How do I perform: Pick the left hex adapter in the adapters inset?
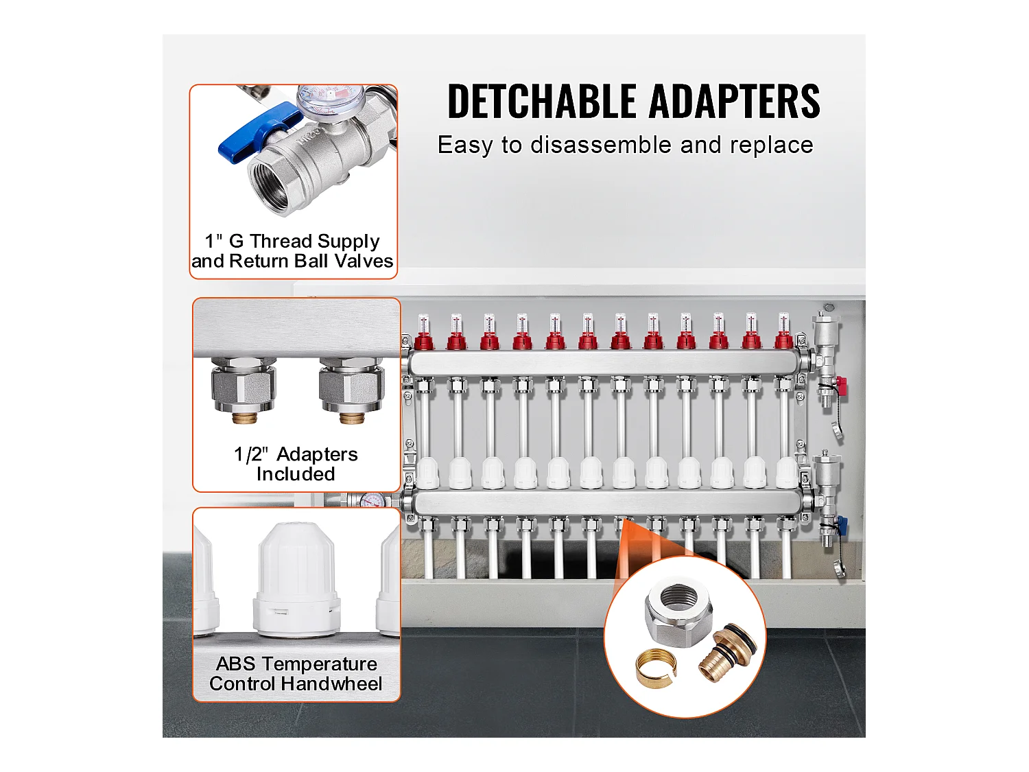tap(244, 390)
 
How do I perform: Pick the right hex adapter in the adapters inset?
tap(352, 390)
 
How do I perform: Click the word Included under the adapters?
tap(296, 474)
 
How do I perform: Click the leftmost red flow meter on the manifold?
tap(424, 332)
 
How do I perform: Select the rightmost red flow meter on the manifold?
tap(783, 331)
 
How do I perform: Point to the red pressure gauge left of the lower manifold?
tap(372, 501)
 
